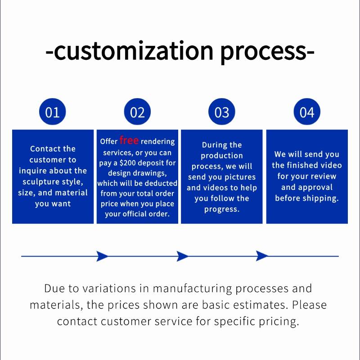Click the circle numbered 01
(53, 112)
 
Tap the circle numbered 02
(137, 112)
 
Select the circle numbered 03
(222, 112)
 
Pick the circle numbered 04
(307, 112)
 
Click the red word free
(129, 140)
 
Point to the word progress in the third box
(221, 209)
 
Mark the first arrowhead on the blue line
(102, 256)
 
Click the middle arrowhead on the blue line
(182, 256)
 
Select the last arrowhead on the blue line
(261, 256)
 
